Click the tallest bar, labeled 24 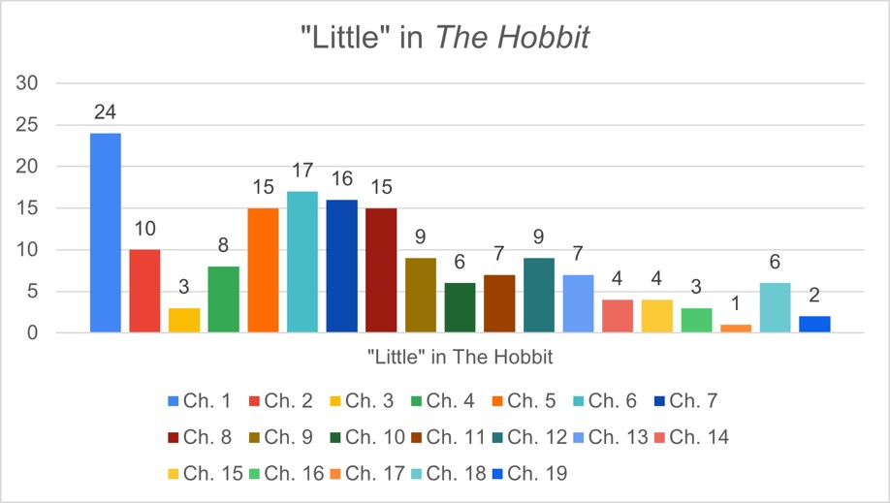coord(106,233)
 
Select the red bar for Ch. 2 coord(144,291)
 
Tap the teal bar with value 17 coord(302,262)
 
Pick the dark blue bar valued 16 coord(341,267)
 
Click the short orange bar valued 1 coord(736,329)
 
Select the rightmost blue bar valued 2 coord(814,325)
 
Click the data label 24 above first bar coord(106,113)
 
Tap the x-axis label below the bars coord(460,358)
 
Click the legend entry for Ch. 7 coord(691,400)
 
